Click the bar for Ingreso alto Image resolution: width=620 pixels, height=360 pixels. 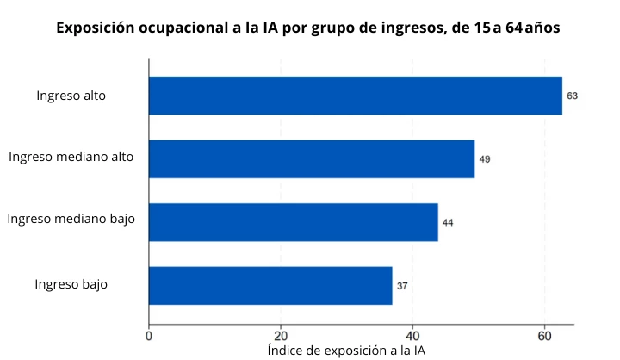pos(355,96)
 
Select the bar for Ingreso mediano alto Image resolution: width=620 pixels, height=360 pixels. pos(312,158)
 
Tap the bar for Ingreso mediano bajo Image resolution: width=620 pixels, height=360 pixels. pos(293,222)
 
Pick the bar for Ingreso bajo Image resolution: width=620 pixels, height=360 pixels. pos(270,286)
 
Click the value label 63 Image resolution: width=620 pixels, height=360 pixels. pos(573,96)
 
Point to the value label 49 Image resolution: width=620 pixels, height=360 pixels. pos(485,159)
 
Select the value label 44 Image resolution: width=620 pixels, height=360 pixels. pos(448,223)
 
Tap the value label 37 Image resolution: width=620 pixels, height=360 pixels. pos(402,286)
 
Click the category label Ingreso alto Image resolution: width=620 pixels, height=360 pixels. pos(71,96)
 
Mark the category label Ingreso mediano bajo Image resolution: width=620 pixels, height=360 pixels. pos(71,219)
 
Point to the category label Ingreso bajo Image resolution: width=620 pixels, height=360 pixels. pos(71,283)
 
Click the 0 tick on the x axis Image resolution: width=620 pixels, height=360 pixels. pos(149,336)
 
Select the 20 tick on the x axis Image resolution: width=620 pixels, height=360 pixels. pos(281,336)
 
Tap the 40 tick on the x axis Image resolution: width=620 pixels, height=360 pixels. pos(412,336)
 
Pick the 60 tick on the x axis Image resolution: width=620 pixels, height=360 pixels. pos(544,336)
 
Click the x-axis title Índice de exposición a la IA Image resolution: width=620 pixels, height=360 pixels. pos(346,351)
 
